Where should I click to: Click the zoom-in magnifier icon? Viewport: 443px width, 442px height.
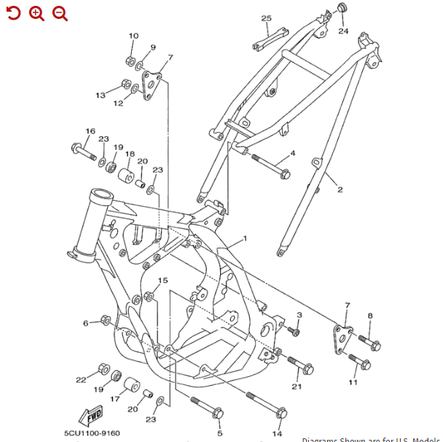tap(36, 13)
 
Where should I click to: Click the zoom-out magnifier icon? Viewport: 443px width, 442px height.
tap(60, 13)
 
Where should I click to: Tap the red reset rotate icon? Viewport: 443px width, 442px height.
tap(13, 13)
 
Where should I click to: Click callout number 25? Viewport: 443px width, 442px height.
tap(266, 18)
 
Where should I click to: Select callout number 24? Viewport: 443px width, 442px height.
tap(343, 31)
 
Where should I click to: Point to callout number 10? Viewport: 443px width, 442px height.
tap(133, 36)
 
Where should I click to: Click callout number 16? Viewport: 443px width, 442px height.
tap(90, 131)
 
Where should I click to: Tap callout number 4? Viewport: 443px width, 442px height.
tap(293, 153)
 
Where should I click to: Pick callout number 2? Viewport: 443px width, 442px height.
tap(339, 190)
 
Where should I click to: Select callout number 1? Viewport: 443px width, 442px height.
tap(245, 239)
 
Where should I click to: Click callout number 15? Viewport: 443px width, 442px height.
tap(163, 281)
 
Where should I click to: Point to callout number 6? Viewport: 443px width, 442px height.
tap(86, 322)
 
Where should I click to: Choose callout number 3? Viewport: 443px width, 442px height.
tap(299, 314)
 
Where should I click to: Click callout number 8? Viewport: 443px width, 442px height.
tap(370, 315)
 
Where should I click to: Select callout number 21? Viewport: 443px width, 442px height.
tap(297, 387)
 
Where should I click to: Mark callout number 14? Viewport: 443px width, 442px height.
tap(277, 434)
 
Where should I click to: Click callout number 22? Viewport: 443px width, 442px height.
tap(81, 379)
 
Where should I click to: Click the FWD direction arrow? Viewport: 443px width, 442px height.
tap(93, 416)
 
